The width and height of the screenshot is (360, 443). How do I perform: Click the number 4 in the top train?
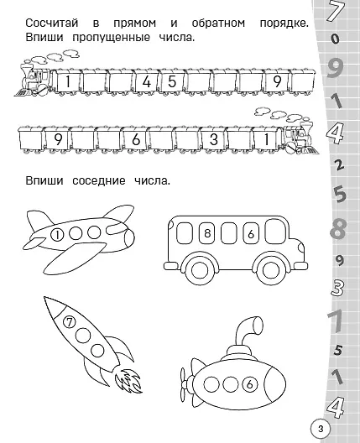pos(147,82)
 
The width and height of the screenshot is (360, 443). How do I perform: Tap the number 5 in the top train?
pos(172,81)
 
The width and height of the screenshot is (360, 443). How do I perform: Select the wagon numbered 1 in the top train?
pos(67,81)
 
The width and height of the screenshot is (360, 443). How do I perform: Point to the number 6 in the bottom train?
pos(136,139)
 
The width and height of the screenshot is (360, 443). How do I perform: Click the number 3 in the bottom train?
pos(214,139)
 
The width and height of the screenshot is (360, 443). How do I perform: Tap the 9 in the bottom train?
pos(58,139)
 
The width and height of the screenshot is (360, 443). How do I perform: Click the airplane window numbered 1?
pos(57,235)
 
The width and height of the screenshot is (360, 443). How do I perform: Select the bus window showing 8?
pos(207,233)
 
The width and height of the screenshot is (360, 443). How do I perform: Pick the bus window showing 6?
pos(251,233)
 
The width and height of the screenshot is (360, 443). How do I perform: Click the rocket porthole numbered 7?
pos(70,322)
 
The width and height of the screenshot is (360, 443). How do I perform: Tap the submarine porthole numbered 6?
pos(249,384)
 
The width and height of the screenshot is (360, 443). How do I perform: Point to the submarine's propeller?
pos(185,383)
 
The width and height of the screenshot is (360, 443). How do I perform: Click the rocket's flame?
pos(128,381)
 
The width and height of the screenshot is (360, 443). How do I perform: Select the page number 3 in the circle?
pos(321,429)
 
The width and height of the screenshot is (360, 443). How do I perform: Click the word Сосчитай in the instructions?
pos(52,23)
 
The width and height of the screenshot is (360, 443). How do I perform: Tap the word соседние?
pos(99,181)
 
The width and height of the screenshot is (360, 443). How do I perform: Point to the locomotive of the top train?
pos(34,78)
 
